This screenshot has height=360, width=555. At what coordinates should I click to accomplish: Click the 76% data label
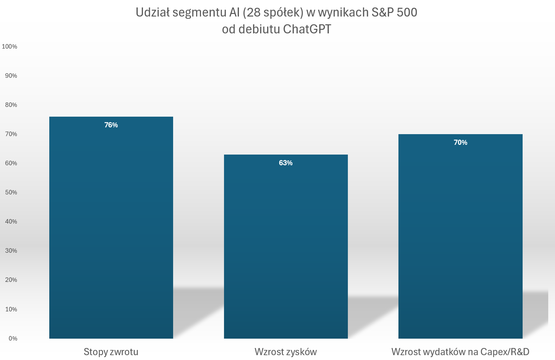pos(111,125)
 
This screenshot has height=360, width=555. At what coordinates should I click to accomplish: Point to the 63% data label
pos(286,163)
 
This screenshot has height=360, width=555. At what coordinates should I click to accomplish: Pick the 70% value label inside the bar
pos(460,143)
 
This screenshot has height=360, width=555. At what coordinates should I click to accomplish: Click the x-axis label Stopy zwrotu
pos(111,352)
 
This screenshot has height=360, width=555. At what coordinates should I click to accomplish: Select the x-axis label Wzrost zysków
pos(286,352)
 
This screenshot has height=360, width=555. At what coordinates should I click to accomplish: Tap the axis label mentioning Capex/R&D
pos(460,352)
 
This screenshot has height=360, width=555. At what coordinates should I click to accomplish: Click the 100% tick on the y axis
pos(9,47)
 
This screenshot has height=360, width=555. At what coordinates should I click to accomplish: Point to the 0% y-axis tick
pos(13,339)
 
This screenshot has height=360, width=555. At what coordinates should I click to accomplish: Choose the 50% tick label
pos(11,192)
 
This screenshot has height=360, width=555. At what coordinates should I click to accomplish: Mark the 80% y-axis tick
pos(11,105)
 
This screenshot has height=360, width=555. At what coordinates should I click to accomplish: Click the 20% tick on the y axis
pos(11,280)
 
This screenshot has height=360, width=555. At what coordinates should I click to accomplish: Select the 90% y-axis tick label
pos(11,76)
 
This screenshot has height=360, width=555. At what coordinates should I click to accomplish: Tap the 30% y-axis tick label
pos(11,251)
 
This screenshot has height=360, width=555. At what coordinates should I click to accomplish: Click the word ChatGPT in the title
pos(307,29)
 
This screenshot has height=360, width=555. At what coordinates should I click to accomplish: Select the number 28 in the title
pos(254,12)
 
